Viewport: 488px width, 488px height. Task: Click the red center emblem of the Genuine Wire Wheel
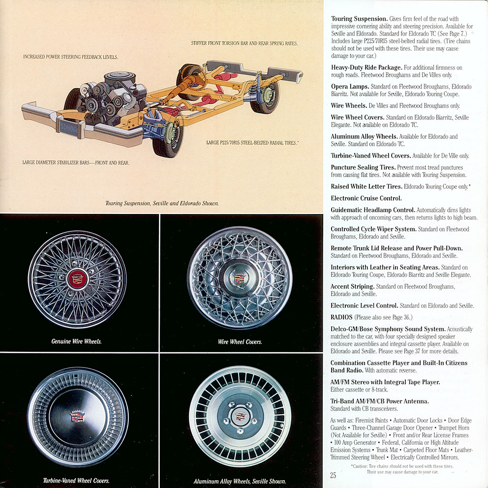pyautogui.click(x=78, y=278)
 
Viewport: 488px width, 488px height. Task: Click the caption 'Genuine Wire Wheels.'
pyautogui.click(x=76, y=341)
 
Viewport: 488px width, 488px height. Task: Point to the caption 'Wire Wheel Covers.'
pyautogui.click(x=240, y=341)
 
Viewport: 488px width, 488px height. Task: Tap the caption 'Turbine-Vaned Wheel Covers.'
pyautogui.click(x=76, y=481)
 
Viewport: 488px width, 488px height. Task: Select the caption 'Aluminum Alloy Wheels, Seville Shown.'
pyautogui.click(x=240, y=481)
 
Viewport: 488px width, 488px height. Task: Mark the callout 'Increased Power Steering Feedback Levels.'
pyautogui.click(x=70, y=57)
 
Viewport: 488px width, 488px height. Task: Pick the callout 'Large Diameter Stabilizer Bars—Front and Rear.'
pyautogui.click(x=75, y=162)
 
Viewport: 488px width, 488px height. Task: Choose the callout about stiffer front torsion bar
pyautogui.click(x=244, y=43)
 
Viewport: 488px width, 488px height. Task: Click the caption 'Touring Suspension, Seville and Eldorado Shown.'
pyautogui.click(x=162, y=203)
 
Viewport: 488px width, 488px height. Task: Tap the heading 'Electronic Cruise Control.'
pyautogui.click(x=366, y=198)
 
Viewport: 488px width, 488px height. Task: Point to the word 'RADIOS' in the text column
pyautogui.click(x=341, y=317)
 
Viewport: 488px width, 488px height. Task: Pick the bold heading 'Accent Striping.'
pyautogui.click(x=352, y=286)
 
